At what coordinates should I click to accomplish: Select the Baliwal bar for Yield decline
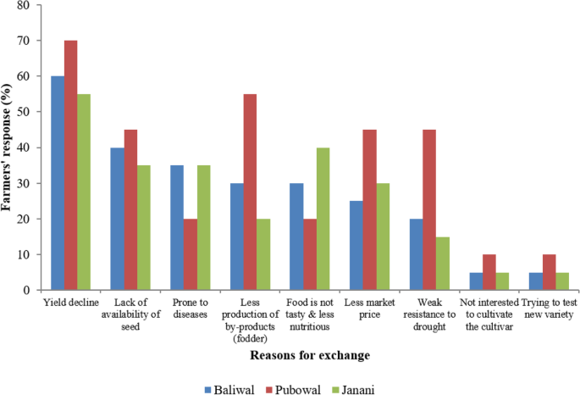click(x=58, y=183)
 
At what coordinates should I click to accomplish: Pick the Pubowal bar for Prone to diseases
click(x=191, y=254)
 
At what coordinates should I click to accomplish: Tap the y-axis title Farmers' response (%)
click(x=9, y=148)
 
